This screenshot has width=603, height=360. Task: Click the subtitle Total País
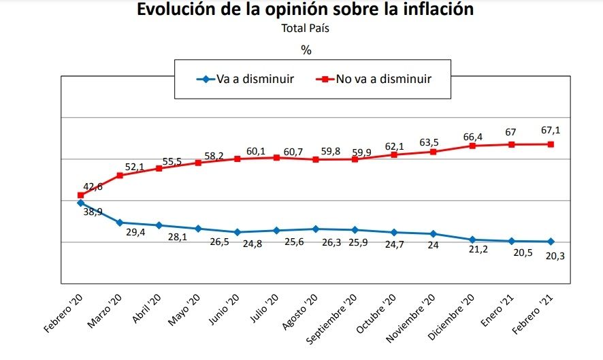(306, 29)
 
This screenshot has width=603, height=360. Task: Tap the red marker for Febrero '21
(551, 144)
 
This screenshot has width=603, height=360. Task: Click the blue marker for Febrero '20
(81, 203)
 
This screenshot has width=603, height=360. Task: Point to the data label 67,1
(551, 129)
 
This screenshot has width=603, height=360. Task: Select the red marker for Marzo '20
(120, 176)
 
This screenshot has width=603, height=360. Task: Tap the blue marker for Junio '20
(237, 232)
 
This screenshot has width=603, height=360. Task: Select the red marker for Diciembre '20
(472, 146)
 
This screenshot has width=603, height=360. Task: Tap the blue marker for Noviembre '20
(433, 234)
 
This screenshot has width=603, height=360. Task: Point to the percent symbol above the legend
(306, 50)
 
